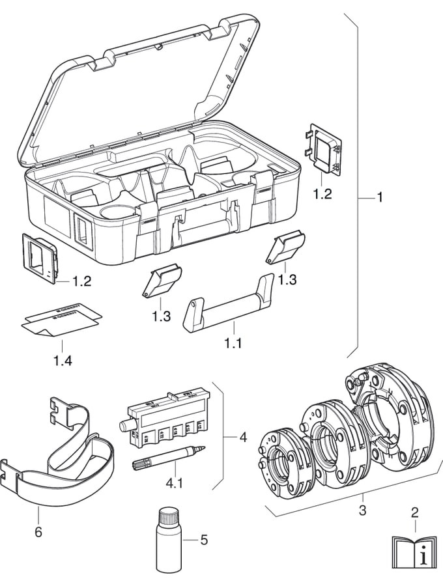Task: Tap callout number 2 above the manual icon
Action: (414, 512)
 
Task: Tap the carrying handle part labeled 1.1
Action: (228, 306)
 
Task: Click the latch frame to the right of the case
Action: (324, 148)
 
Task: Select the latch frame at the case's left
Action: (41, 259)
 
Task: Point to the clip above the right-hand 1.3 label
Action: (285, 249)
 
